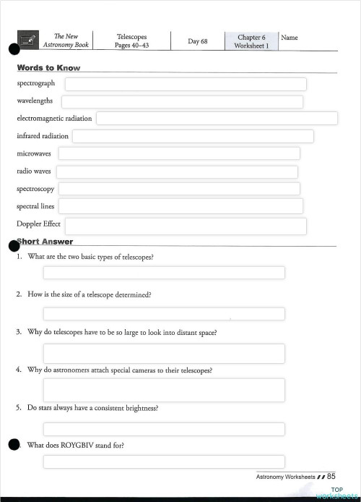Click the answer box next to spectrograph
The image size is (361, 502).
pos(186,84)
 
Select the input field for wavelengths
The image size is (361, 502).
pos(182,102)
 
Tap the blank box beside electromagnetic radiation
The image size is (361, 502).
pos(217,118)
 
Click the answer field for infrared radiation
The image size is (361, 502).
pos(193,136)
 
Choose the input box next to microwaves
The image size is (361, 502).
pos(178,153)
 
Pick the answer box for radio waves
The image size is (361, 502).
pos(177,171)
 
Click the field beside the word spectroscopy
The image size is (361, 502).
pos(178,189)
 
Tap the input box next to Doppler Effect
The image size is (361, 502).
pos(186,226)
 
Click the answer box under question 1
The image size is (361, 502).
pos(164,273)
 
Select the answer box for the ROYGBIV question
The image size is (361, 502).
pos(164,461)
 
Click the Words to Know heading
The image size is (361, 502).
pos(48,68)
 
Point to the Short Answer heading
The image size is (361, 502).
pos(46,242)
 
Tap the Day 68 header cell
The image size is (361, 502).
pos(197,41)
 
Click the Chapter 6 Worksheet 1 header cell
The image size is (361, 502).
pos(251,41)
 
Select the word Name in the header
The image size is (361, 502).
pos(289,38)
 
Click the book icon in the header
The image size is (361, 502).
pos(28,41)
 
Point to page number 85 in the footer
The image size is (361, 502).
pos(331,477)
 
